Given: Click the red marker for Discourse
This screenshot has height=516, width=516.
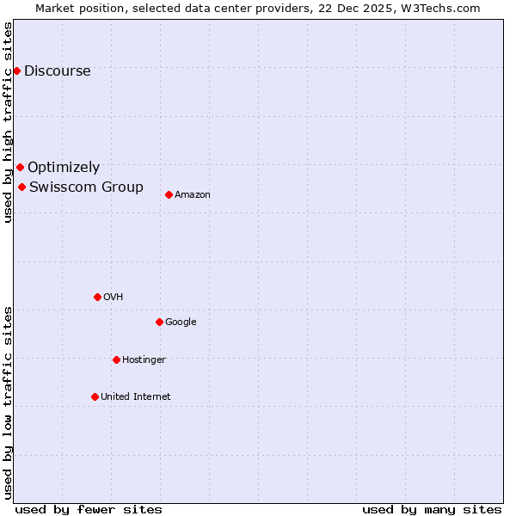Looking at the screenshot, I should (x=16, y=71).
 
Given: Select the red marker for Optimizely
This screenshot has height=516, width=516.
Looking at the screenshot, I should (x=20, y=167).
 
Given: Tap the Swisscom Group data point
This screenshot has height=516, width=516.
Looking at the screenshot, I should (x=21, y=187).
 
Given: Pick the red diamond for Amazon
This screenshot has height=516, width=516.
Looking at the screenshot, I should (x=169, y=194).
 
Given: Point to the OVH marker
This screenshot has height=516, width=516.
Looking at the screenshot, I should (x=97, y=297).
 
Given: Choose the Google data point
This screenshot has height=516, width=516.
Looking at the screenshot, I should (x=159, y=322).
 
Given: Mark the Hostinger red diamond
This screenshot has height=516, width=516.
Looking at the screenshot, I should (x=116, y=359).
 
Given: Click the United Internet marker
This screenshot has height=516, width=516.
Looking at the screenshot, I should (x=95, y=396).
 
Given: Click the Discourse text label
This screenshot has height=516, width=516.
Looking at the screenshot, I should (x=57, y=71).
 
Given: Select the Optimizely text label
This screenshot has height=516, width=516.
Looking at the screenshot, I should (x=64, y=167).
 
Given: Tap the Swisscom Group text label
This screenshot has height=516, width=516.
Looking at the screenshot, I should (x=86, y=187).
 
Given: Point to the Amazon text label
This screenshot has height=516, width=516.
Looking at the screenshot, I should (x=193, y=194).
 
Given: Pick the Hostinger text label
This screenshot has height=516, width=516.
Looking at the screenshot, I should (x=144, y=359).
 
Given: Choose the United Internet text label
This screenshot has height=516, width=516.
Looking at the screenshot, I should (x=135, y=396).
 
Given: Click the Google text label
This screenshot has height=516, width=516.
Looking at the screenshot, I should (x=181, y=322).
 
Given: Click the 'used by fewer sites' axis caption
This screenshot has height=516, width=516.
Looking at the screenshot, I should (x=89, y=509).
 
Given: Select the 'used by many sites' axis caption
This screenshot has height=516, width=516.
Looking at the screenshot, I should (x=432, y=509).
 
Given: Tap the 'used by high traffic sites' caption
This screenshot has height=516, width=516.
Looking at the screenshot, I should (x=8, y=123).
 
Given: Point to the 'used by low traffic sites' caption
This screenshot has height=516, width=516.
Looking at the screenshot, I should (x=8, y=402).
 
